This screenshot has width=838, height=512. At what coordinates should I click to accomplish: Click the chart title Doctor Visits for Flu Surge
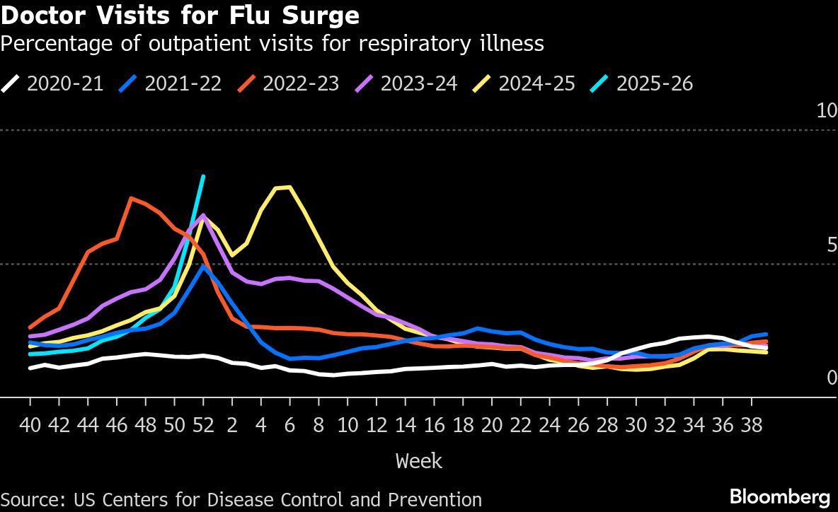point(180,15)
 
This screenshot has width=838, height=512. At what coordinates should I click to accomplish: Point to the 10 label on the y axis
point(826,110)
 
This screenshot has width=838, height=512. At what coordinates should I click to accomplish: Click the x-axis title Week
point(419,461)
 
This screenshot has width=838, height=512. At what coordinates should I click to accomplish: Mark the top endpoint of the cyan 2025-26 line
point(203,176)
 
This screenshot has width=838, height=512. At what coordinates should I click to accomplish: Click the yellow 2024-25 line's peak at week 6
point(289,187)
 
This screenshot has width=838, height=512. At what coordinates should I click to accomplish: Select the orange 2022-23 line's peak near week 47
point(131,198)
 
